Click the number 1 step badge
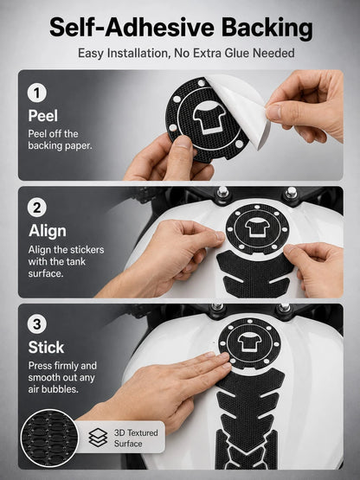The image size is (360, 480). (x=37, y=93)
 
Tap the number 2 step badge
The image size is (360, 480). (x=37, y=208)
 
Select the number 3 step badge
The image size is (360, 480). (x=37, y=323)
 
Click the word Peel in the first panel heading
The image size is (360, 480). (x=43, y=116)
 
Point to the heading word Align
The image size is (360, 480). (x=48, y=231)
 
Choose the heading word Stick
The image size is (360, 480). (x=46, y=347)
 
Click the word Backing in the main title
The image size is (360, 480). (x=267, y=28)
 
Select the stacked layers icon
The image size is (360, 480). (x=98, y=437)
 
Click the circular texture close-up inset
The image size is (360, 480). (x=49, y=438)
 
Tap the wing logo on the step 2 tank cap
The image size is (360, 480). (x=257, y=227)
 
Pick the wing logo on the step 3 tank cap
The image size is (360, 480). (x=250, y=342)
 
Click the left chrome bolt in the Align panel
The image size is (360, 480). (x=222, y=192)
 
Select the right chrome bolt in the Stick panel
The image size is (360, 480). (x=284, y=308)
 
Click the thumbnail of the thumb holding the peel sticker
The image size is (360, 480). (x=183, y=142)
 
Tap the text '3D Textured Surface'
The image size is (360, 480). (x=136, y=438)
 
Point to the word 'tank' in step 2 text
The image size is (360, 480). (x=75, y=262)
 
